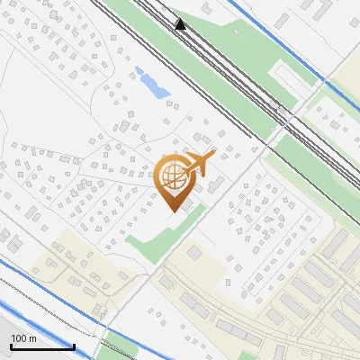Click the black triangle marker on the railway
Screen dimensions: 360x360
181,24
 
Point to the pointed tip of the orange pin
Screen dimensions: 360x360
173,211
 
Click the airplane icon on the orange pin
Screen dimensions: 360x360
200,163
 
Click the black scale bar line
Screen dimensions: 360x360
41,346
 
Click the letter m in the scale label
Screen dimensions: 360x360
32,338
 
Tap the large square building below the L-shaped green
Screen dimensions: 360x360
195,255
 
